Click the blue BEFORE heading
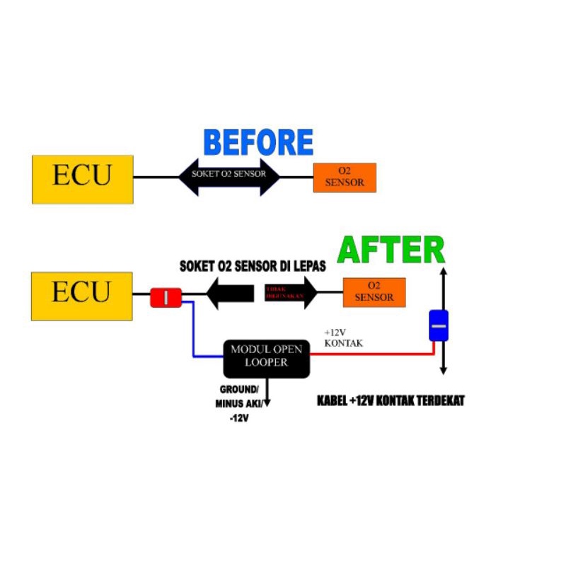(258, 142)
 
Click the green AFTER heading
(391, 250)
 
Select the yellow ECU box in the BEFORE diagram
(83, 179)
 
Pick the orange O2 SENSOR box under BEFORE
(345, 177)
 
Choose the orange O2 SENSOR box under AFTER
(374, 292)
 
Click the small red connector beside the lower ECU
(166, 298)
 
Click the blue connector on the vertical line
(439, 326)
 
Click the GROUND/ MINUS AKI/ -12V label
(238, 404)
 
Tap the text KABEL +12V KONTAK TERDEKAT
(391, 401)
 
